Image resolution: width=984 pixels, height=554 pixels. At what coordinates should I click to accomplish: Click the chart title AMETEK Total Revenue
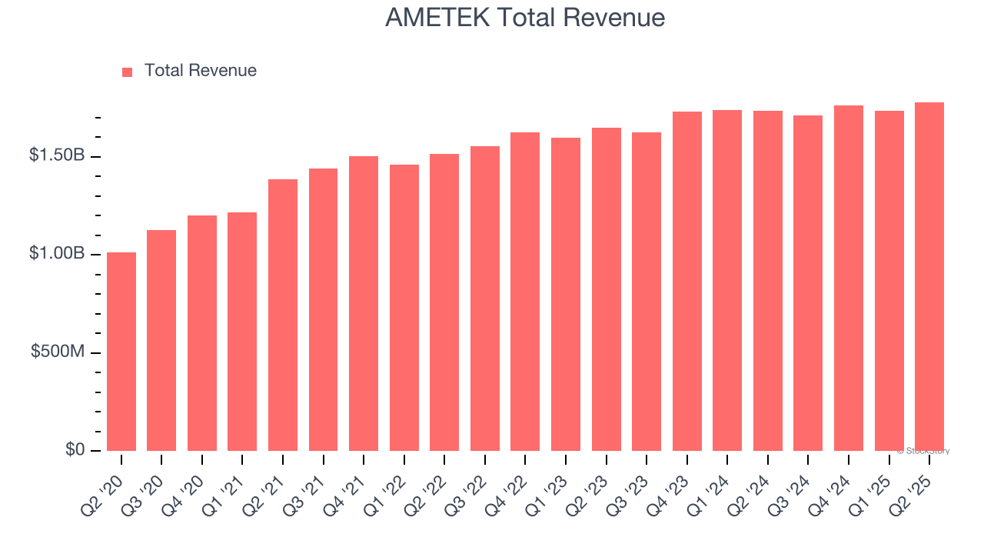525,18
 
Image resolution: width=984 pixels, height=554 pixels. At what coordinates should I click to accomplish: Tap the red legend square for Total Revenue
128,72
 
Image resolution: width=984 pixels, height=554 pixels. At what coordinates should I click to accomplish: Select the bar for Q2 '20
121,352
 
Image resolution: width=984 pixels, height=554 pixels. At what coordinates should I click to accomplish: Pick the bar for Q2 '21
283,315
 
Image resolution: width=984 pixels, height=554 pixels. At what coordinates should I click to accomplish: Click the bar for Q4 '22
525,292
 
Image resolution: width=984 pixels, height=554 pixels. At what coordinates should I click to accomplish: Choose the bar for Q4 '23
686,282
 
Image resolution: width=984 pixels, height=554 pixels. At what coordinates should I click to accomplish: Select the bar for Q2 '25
929,277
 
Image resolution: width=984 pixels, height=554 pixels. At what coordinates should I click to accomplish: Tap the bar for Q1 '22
404,308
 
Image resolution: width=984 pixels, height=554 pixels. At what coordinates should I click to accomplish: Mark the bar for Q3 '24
808,283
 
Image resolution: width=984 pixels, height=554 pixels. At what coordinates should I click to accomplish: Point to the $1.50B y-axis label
57,155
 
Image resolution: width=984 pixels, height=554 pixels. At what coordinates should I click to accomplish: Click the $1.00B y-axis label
57,254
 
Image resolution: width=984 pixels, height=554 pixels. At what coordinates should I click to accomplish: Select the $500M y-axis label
58,352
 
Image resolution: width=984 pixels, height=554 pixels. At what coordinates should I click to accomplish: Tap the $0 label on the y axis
74,449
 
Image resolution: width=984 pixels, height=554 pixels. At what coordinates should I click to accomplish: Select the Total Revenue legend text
200,71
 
